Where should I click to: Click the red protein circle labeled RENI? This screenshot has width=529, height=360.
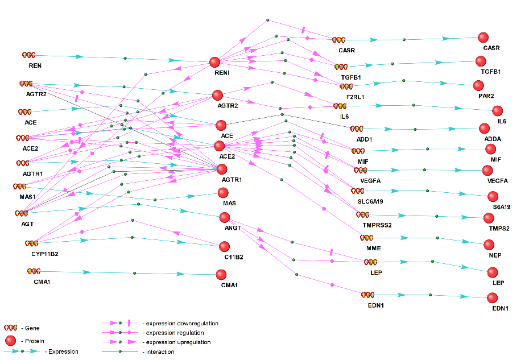pos(214,63)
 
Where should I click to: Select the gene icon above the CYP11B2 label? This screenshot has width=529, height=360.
pos(31,243)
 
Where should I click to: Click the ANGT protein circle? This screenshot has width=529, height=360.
pos(224,217)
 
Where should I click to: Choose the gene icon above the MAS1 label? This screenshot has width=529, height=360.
pos(19,186)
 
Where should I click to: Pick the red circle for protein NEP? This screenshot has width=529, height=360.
pos(489,245)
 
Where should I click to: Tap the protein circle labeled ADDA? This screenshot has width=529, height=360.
pos(484,129)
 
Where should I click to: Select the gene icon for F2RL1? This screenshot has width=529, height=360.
pos(346,87)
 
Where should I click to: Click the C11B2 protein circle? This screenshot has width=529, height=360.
pos(224,246)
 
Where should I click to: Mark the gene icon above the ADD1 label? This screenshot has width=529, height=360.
pos(356,129)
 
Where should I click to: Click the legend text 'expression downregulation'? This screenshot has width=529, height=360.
pos(182,324)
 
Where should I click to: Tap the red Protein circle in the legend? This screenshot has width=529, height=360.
pos(10,341)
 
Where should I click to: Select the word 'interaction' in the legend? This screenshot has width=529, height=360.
pos(160,351)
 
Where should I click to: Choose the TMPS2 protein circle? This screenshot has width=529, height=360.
pos(489,218)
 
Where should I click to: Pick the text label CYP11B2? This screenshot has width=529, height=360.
pos(45,254)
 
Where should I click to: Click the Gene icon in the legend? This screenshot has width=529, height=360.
pos(10,328)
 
